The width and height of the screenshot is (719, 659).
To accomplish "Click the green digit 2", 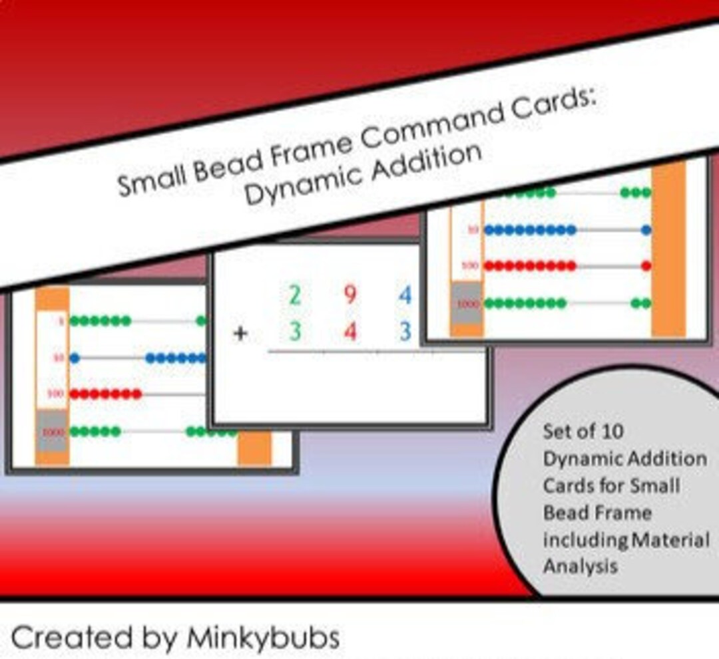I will pyautogui.click(x=294, y=294).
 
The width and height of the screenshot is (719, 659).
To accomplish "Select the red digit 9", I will pyautogui.click(x=350, y=294).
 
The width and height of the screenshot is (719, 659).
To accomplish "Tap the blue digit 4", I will pyautogui.click(x=405, y=294).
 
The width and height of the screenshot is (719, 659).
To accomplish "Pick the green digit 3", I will pyautogui.click(x=294, y=330).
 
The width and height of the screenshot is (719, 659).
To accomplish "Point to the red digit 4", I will pyautogui.click(x=350, y=330).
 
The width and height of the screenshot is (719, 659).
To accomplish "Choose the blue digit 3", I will pyautogui.click(x=405, y=330).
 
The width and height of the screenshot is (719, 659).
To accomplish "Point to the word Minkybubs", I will pyautogui.click(x=263, y=638).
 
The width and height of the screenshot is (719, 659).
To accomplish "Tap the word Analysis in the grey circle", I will pyautogui.click(x=580, y=567).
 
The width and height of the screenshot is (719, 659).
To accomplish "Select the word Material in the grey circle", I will pyautogui.click(x=670, y=539).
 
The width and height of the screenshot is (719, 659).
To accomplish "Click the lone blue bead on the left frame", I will pyautogui.click(x=75, y=358).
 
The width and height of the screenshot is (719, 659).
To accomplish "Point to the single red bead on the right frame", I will pyautogui.click(x=646, y=265).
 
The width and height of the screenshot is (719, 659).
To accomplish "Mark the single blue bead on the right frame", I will pyautogui.click(x=646, y=230).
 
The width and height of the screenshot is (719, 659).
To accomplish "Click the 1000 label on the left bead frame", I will pyautogui.click(x=52, y=432).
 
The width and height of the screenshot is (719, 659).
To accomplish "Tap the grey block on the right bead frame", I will pyautogui.click(x=466, y=303).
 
